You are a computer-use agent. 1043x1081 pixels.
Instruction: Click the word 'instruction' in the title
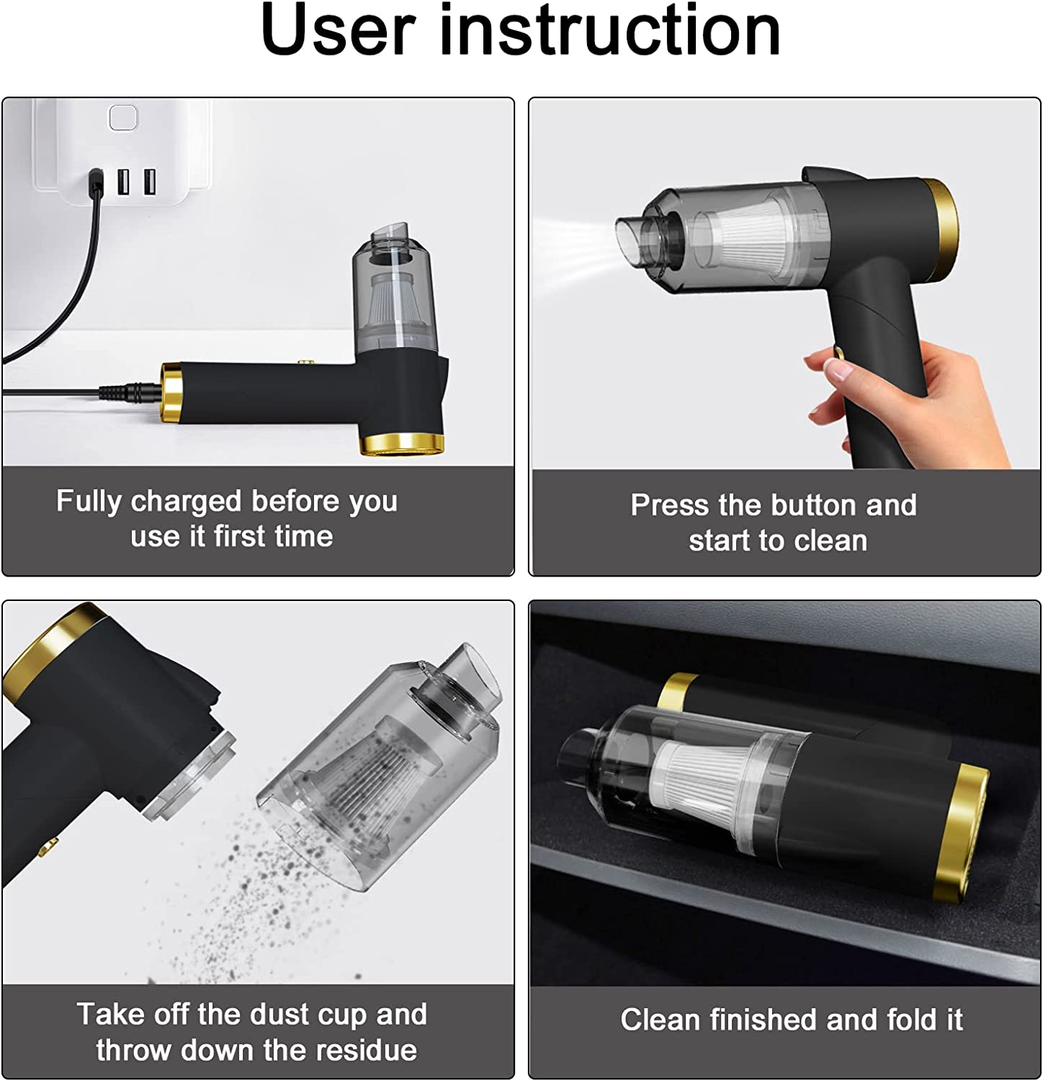pyautogui.click(x=610, y=30)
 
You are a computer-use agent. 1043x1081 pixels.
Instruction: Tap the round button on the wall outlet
pyautogui.click(x=122, y=117)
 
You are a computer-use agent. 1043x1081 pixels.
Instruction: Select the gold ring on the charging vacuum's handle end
pyautogui.click(x=171, y=393)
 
